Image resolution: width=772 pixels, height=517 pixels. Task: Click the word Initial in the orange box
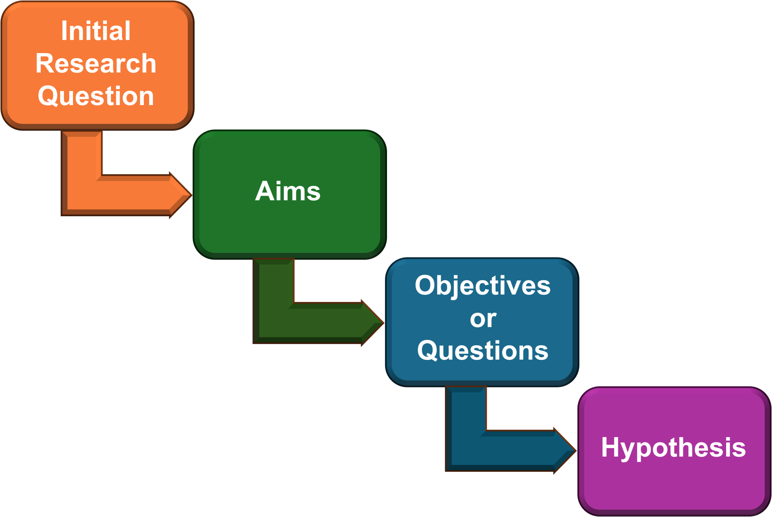pos(96,31)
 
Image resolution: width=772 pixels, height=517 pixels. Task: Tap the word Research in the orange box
pos(96,63)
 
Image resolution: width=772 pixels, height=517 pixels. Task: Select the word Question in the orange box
pos(96,96)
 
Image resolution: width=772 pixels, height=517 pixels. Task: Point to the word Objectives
pos(482,286)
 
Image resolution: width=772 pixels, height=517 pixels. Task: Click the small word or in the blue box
pos(483,319)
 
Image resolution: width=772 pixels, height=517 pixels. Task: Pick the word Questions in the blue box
pos(482,350)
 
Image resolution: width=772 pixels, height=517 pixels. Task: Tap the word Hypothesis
pos(673,448)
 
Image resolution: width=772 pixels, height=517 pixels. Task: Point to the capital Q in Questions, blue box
pos(428,350)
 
